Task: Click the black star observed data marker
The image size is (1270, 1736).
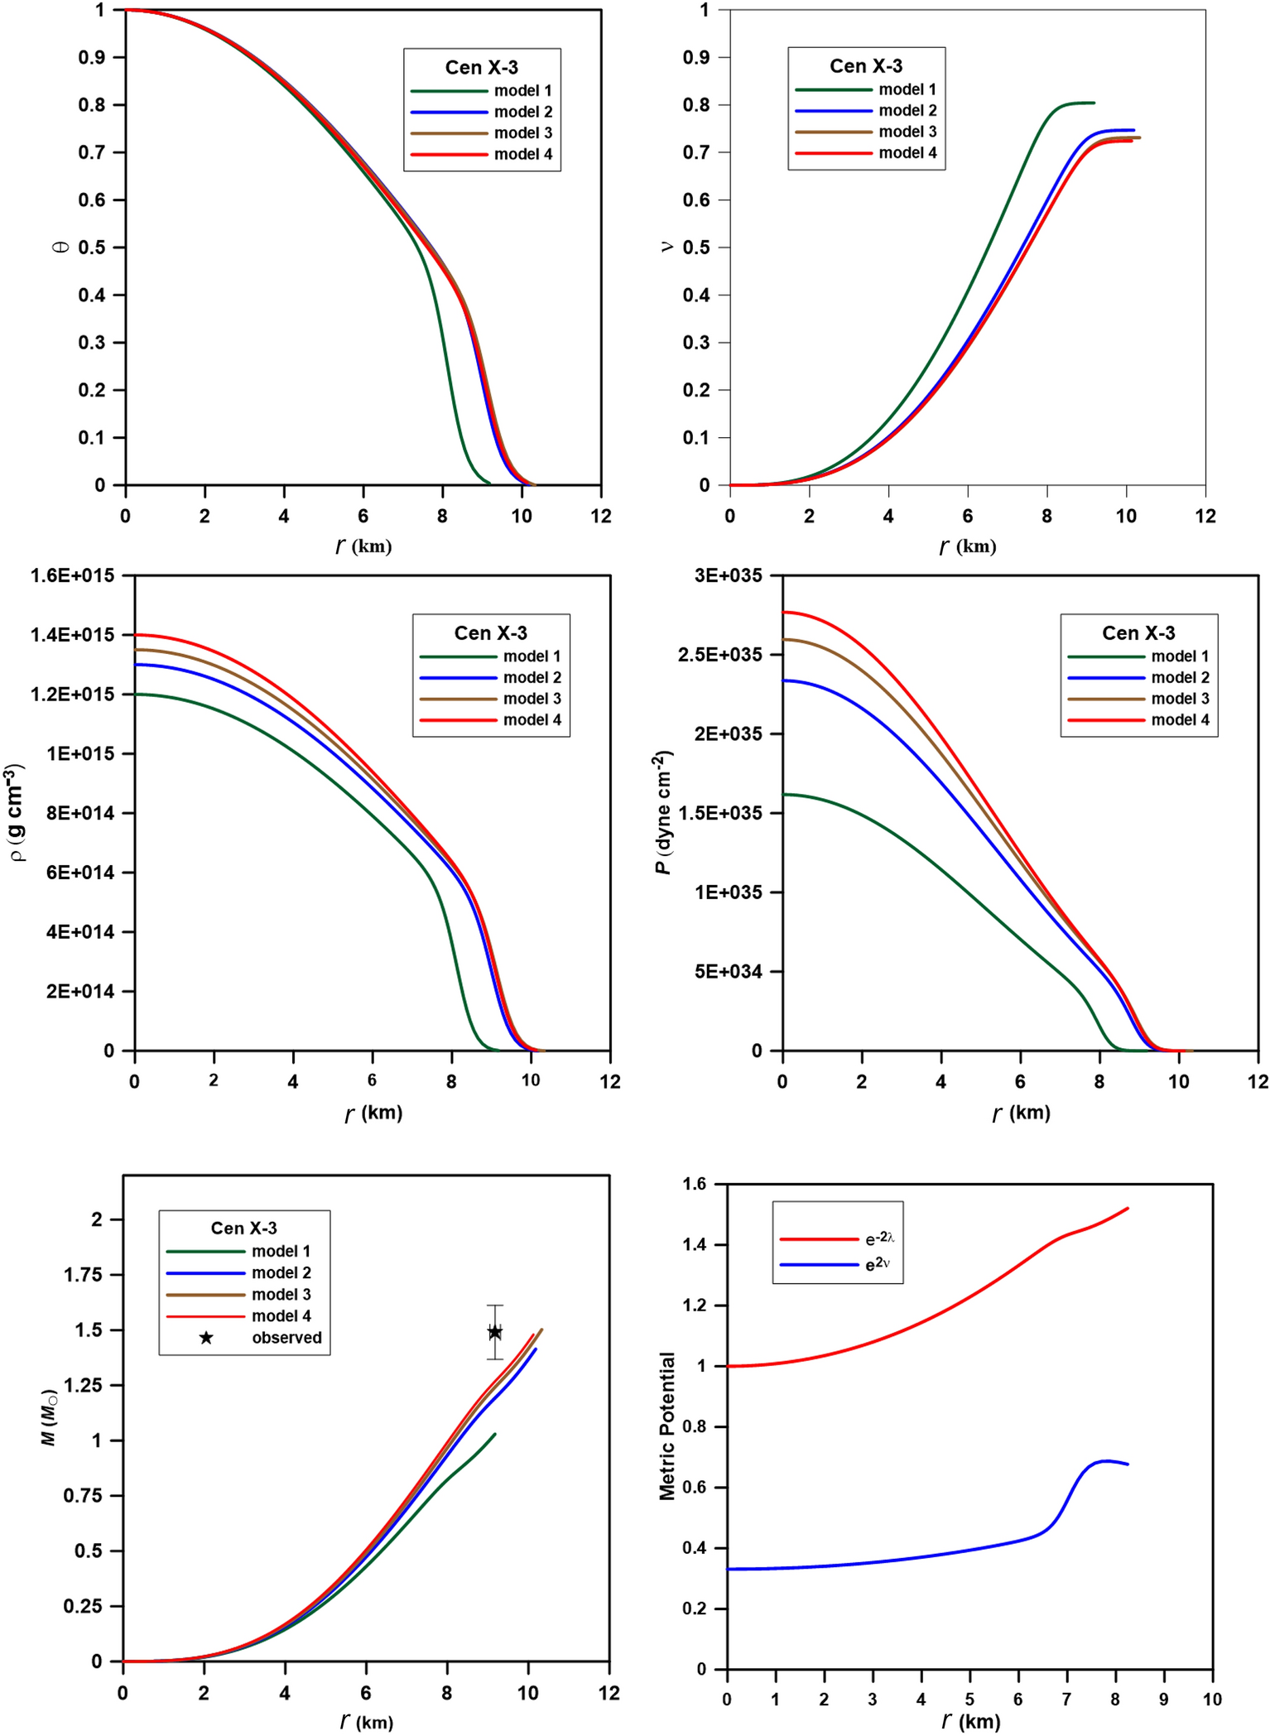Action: [494, 1332]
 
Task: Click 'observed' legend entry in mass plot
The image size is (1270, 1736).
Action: [286, 1338]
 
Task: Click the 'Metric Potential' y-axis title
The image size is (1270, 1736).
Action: [667, 1426]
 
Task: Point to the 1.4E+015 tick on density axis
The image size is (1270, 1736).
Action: [72, 635]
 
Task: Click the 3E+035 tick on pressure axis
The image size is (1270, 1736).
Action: [728, 575]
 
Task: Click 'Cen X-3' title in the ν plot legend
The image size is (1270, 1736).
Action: [866, 65]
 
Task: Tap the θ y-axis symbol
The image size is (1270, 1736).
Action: [60, 247]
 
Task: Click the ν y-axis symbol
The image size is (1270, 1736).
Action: [666, 247]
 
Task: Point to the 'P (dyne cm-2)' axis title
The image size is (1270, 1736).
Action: [663, 812]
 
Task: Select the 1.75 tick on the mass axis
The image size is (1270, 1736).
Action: [84, 1275]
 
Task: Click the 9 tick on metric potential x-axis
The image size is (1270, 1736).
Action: [1163, 1700]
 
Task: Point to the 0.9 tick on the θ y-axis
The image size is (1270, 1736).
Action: [92, 57]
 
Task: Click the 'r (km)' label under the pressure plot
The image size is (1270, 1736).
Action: [1021, 1113]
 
